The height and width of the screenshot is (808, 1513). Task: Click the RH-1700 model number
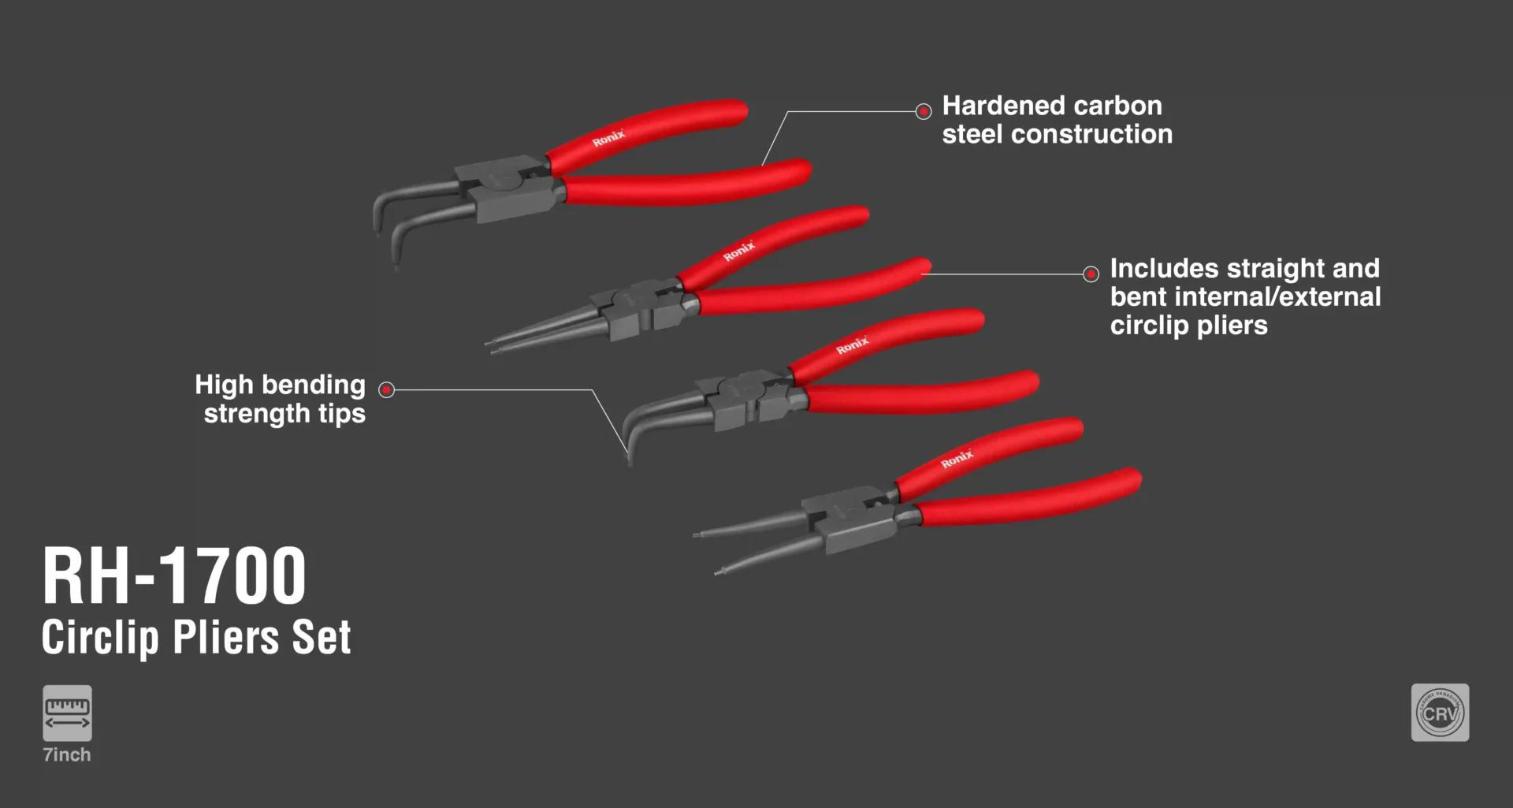click(x=174, y=576)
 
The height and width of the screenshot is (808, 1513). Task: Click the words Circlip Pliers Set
click(x=196, y=637)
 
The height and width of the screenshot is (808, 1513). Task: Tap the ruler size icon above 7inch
click(x=67, y=713)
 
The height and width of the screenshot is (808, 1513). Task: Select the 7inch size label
click(x=67, y=754)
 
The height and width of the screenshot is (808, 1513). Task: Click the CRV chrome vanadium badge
click(x=1440, y=713)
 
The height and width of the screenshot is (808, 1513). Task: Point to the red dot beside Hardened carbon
click(x=924, y=111)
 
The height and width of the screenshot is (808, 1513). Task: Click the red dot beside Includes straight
click(x=1091, y=274)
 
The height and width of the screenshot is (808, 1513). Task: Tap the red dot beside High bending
click(x=386, y=389)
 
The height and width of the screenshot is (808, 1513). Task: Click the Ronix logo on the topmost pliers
click(x=608, y=138)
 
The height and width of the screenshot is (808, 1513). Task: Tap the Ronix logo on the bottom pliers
click(x=957, y=459)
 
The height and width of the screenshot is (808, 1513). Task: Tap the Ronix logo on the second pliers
click(x=739, y=251)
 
